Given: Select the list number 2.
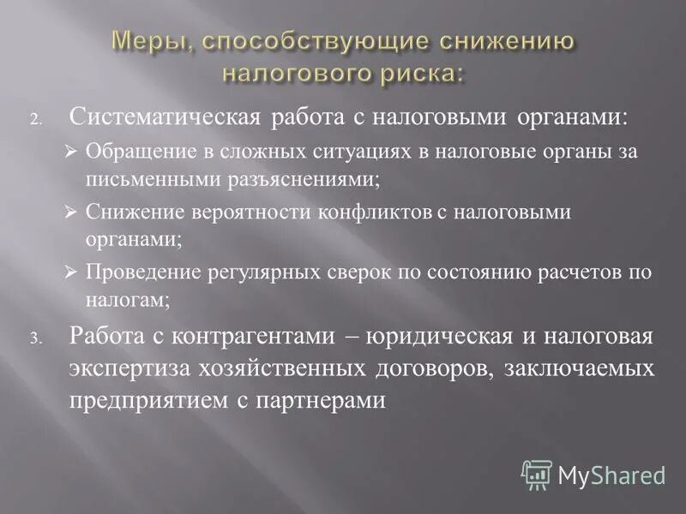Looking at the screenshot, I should (36, 120).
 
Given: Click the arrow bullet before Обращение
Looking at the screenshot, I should (71, 152).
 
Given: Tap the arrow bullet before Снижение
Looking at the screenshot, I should (71, 212).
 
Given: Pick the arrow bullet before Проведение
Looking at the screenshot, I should (71, 272).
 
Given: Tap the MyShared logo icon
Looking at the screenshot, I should (537, 473).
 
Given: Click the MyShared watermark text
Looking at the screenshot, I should (611, 474).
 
